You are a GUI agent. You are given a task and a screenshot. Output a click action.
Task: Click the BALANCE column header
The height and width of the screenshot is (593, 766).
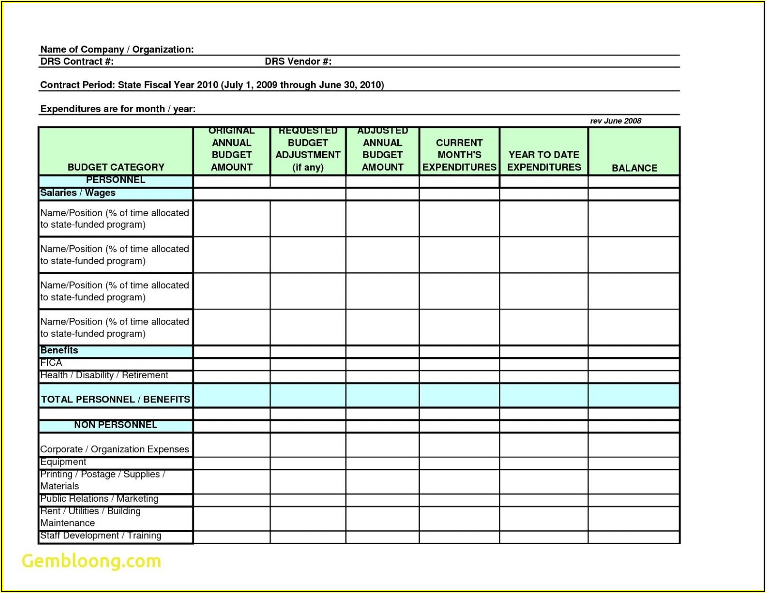click(634, 168)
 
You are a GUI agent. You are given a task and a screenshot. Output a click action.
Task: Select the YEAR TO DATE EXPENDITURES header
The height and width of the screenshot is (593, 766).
click(544, 161)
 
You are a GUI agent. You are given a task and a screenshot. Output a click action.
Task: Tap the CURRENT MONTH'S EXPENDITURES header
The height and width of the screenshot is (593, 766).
click(459, 155)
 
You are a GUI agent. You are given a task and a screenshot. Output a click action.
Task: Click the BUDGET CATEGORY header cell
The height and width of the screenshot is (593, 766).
click(116, 167)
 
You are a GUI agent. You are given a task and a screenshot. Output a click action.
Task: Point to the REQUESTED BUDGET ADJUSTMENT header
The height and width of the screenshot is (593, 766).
click(308, 149)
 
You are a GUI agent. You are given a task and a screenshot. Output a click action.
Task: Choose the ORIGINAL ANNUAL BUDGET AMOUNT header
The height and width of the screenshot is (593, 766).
click(231, 149)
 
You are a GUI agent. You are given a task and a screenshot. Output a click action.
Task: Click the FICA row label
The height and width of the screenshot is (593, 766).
click(51, 363)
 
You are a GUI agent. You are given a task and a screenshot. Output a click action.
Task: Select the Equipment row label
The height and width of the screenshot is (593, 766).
click(63, 462)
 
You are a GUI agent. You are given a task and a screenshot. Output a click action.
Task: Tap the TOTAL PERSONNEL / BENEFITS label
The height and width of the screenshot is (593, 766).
click(115, 399)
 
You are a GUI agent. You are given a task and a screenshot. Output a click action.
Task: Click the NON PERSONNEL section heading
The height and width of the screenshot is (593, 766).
click(115, 425)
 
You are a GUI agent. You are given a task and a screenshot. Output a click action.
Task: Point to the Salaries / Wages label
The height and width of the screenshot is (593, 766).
click(77, 193)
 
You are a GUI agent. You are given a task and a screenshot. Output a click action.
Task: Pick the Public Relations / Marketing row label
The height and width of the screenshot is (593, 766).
click(99, 498)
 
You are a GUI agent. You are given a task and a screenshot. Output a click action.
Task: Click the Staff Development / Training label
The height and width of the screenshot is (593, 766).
click(101, 536)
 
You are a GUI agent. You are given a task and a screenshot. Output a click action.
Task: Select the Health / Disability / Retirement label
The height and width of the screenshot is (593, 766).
click(104, 375)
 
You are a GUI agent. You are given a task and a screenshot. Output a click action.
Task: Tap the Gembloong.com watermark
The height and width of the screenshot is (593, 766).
click(91, 561)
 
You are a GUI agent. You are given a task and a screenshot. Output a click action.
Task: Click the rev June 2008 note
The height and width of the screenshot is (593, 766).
click(615, 121)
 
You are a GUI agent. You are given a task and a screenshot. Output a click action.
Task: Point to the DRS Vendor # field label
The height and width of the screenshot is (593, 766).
click(298, 61)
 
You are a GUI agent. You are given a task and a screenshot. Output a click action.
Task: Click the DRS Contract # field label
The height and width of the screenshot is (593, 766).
click(77, 61)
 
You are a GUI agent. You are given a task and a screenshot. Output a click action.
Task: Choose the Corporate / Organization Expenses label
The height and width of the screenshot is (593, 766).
click(115, 449)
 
